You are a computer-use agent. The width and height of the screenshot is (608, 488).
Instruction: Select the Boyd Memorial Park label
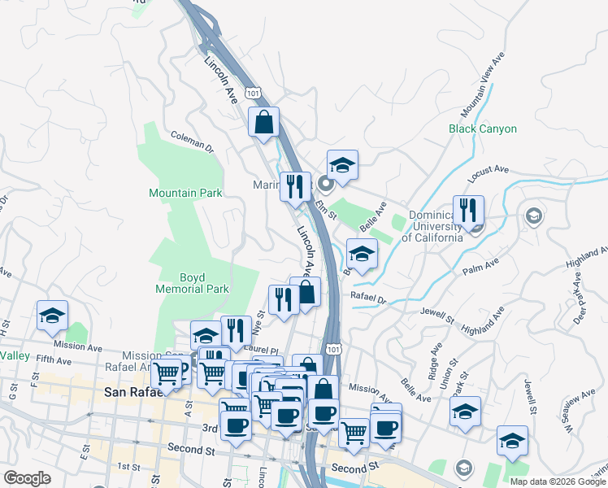193,282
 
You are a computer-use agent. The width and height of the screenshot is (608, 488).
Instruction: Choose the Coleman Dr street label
192,143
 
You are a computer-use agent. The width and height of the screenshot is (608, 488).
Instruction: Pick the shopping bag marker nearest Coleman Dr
263,124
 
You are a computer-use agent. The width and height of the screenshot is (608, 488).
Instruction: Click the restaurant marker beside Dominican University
468,211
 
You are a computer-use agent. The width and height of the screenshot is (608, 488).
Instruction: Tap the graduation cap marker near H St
53,316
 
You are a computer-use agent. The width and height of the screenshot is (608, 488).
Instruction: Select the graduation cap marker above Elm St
342,166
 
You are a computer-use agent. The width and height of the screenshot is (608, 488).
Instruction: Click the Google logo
27,478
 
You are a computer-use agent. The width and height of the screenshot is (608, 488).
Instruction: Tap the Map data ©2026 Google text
558,481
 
